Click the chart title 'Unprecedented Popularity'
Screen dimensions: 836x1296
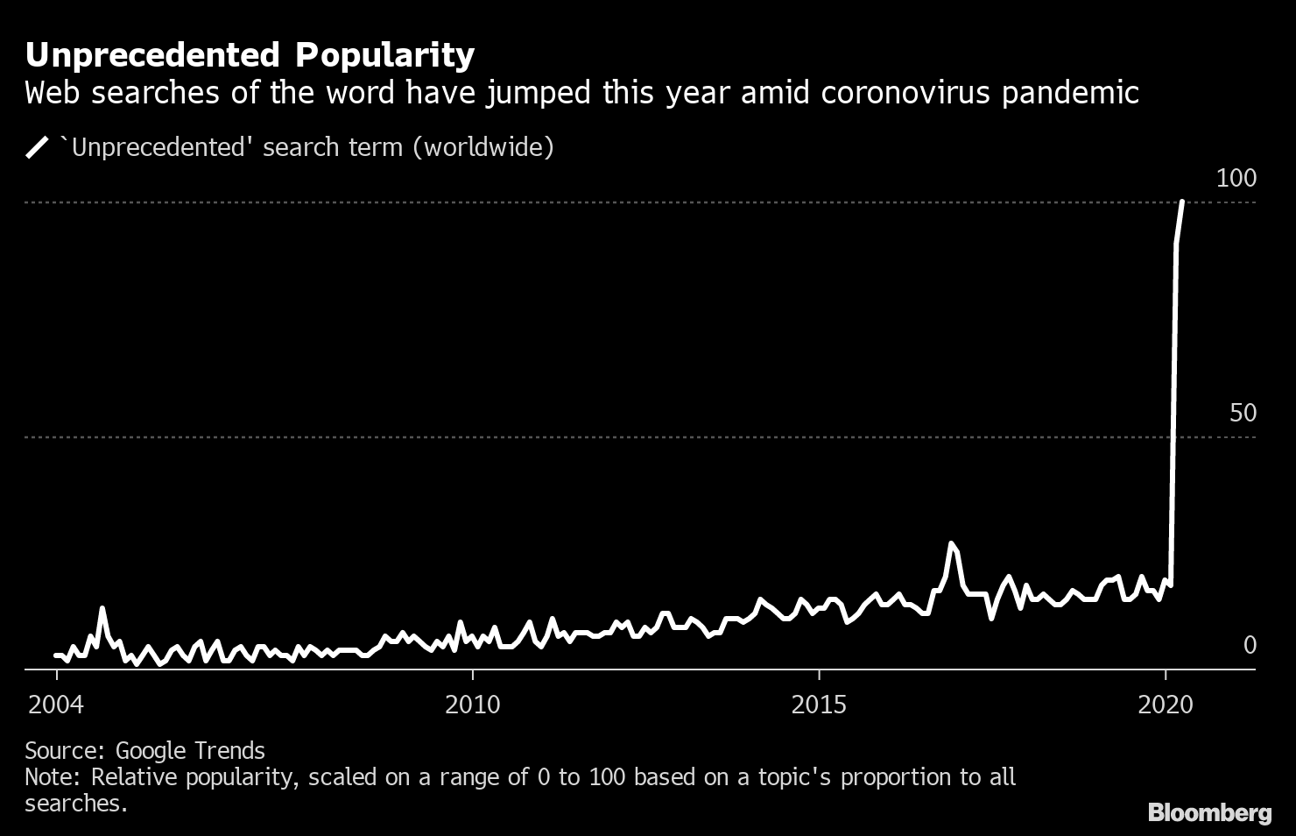click(250, 55)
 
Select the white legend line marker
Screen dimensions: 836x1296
click(39, 147)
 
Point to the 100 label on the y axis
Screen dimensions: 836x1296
click(1236, 179)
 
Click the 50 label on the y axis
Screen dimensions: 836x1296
click(1243, 414)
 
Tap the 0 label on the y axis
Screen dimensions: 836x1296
click(1250, 646)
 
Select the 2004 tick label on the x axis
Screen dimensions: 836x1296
click(57, 705)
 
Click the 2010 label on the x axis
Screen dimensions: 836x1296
click(472, 705)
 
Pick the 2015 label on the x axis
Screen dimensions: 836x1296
click(819, 705)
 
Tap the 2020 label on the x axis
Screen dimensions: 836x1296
click(1166, 705)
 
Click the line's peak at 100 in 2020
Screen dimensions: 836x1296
click(1182, 202)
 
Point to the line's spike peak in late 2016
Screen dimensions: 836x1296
click(951, 543)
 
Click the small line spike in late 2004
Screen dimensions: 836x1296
click(102, 607)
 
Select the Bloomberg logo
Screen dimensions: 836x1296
click(1209, 813)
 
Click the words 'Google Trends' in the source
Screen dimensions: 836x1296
click(190, 751)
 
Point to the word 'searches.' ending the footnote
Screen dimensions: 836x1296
click(76, 804)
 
